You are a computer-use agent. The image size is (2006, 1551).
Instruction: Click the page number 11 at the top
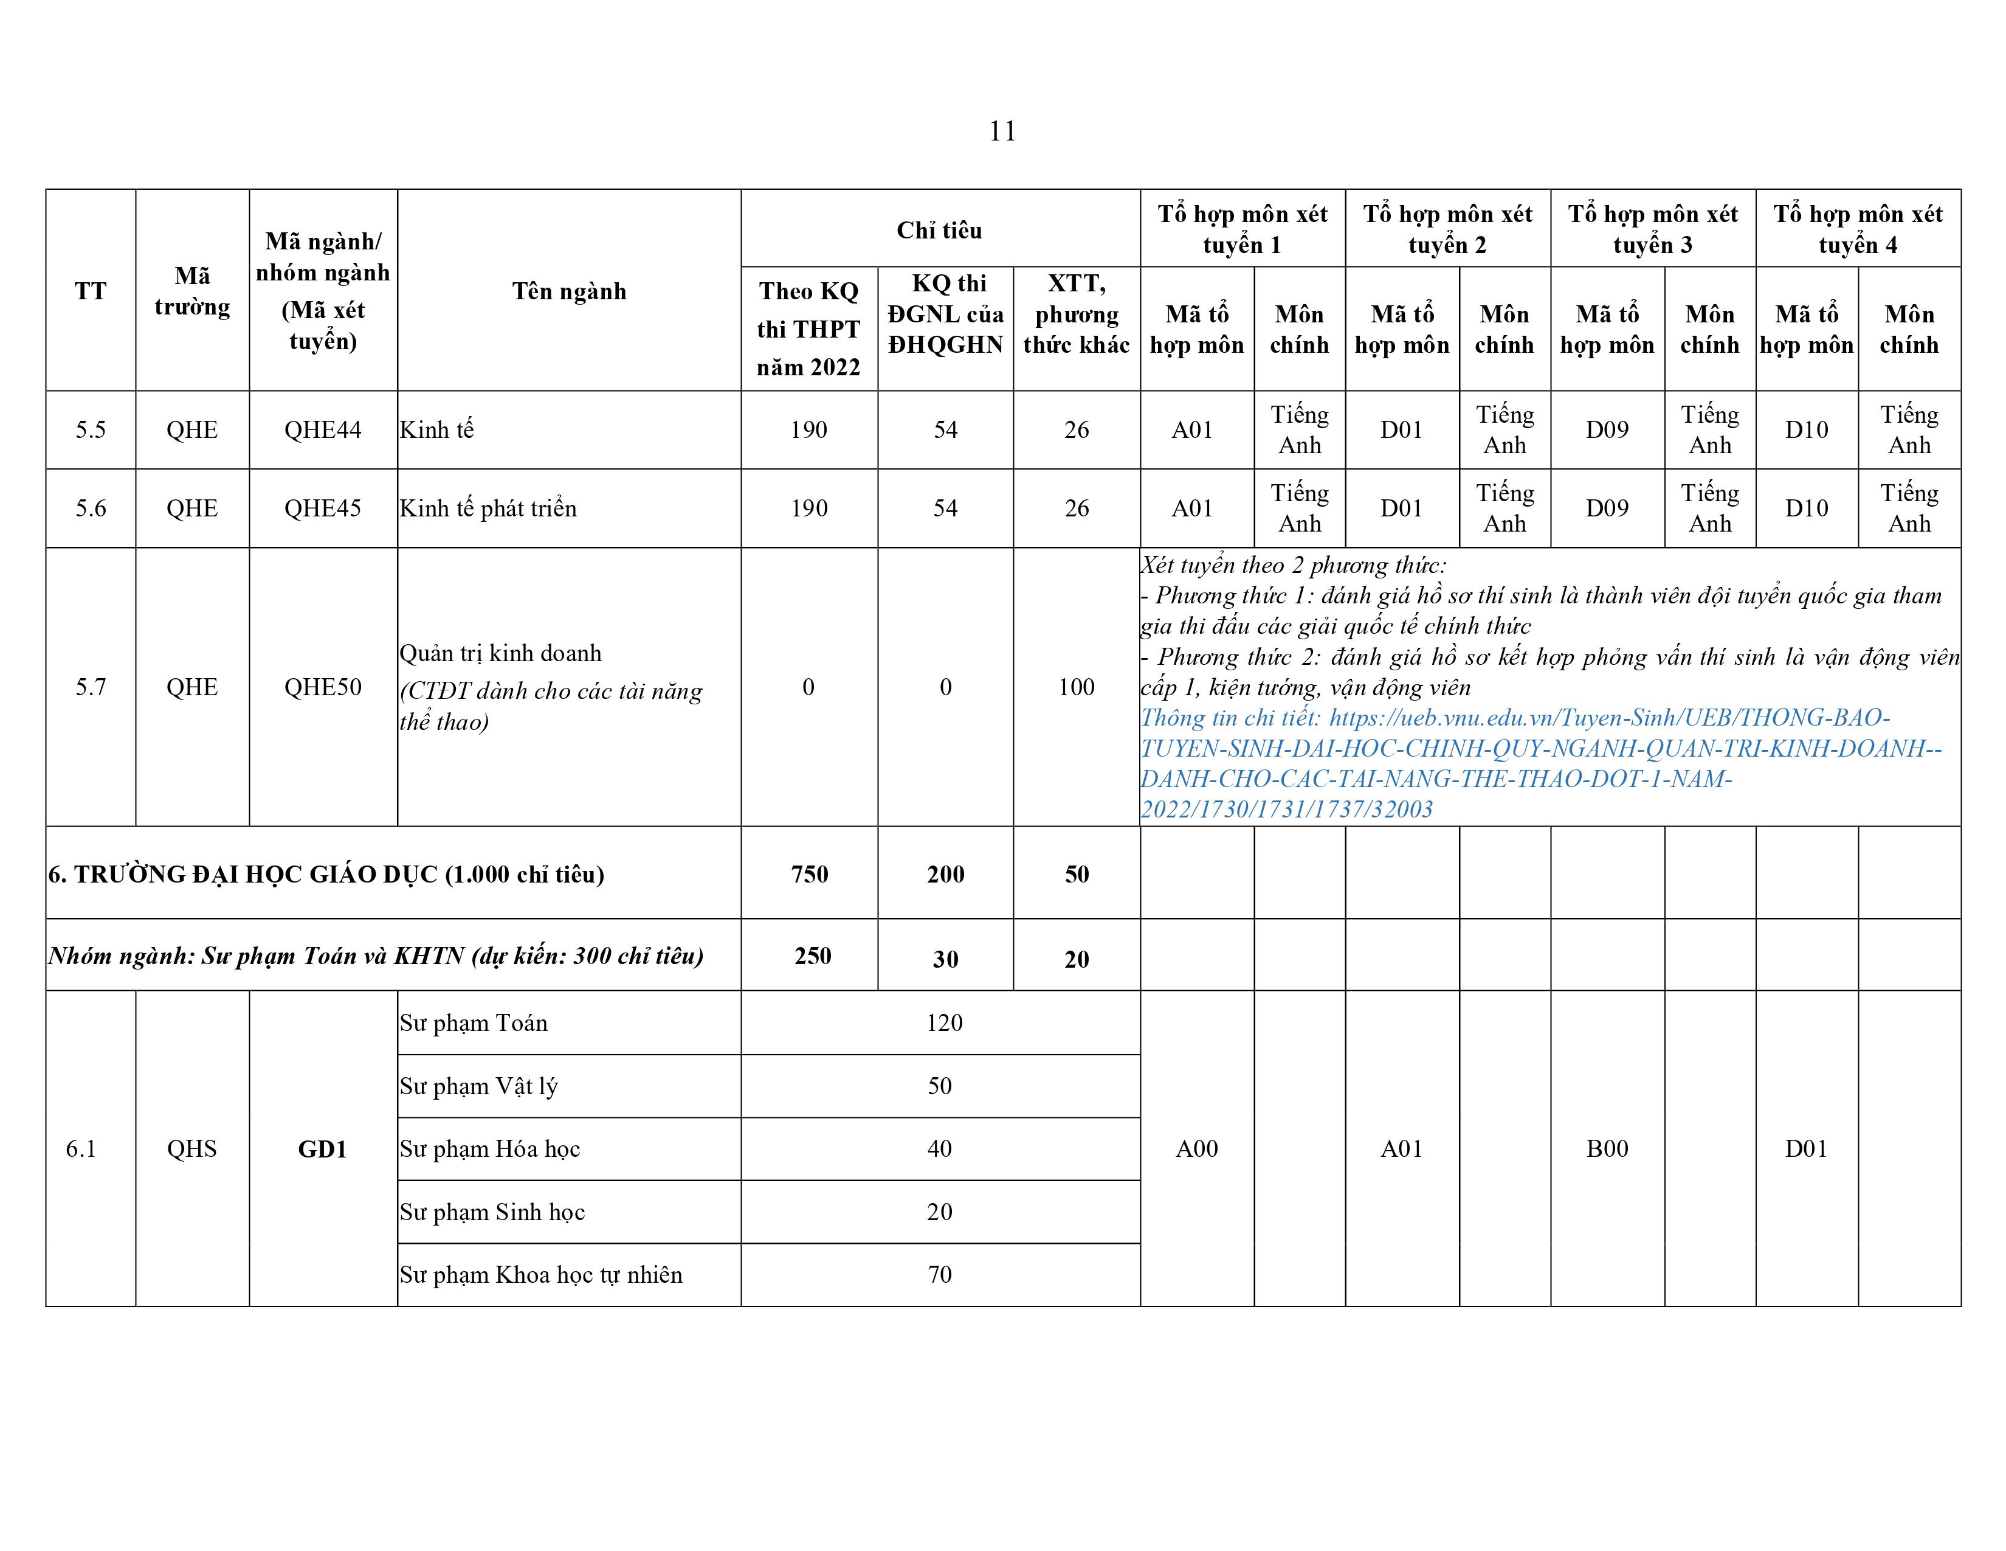point(1002,131)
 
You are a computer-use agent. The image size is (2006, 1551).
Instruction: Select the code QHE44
point(322,430)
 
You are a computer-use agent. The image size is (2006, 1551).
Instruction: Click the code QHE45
point(322,508)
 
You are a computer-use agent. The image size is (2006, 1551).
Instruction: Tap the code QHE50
point(322,687)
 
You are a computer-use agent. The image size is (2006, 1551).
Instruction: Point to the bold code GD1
point(322,1150)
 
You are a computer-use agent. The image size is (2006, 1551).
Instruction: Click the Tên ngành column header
point(568,291)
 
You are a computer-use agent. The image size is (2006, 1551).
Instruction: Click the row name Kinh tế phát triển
point(488,508)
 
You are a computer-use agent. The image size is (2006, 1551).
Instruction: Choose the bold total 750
point(808,874)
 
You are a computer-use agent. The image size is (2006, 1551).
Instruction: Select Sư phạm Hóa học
point(489,1150)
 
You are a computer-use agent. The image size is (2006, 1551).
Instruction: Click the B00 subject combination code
point(1607,1150)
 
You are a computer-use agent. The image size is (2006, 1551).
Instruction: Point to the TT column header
point(90,291)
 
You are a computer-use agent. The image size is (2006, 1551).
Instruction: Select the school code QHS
point(192,1150)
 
